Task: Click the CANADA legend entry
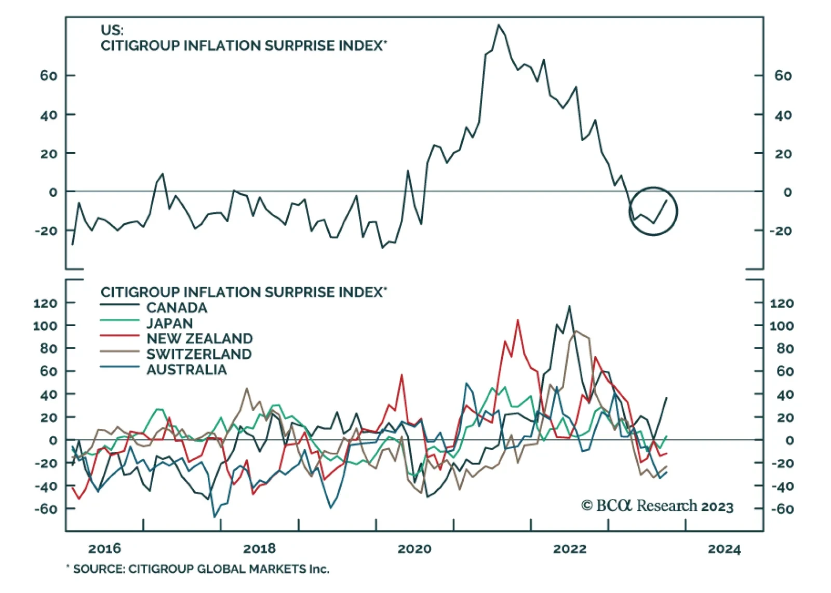pos(177,307)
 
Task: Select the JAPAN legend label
pos(169,323)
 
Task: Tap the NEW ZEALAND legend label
pos(199,339)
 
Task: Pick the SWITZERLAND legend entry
pos(199,354)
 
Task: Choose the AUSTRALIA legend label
pos(186,370)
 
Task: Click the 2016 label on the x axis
pos(104,548)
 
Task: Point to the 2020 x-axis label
pos(414,548)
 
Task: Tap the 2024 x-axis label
pos(725,549)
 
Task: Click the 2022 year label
pos(570,548)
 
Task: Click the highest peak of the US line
pos(499,25)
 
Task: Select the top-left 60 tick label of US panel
pos(48,75)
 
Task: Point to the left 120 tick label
pos(45,303)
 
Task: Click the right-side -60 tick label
pos(782,509)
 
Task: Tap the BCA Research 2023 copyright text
pos(657,506)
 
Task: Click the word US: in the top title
pos(112,30)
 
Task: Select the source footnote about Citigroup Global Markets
pos(198,569)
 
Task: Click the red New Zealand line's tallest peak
pos(518,320)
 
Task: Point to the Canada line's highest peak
pos(570,306)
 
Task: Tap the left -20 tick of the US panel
pos(46,231)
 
